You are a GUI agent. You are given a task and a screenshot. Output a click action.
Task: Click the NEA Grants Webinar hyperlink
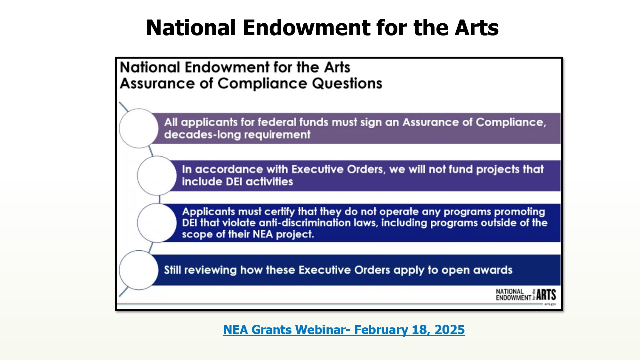coord(344,330)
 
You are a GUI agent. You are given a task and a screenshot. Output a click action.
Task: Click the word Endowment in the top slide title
coord(306,28)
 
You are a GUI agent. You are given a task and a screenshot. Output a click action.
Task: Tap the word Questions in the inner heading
coord(347,84)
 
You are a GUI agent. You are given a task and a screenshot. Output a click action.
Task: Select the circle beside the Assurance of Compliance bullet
coord(139,128)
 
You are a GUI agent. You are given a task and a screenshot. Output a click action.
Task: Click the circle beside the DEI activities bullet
coord(157,176)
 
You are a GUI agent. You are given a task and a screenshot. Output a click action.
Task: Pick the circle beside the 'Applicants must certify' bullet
coord(157,223)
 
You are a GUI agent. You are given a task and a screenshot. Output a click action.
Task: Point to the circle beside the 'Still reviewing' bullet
coord(139,270)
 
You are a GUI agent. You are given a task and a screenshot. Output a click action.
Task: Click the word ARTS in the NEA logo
coord(546,294)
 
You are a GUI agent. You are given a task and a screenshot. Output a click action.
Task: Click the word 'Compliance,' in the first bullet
coord(511,123)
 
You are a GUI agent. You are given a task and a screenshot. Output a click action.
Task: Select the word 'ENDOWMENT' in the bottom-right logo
coord(514,298)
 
